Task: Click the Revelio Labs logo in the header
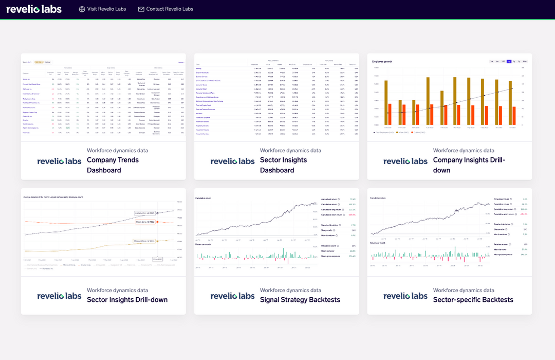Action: click(34, 9)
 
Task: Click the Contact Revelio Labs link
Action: click(170, 9)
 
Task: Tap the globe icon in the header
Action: click(82, 9)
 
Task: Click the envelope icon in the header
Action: click(141, 9)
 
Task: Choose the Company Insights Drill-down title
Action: click(469, 165)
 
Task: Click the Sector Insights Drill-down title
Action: click(127, 300)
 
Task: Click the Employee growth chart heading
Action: click(382, 61)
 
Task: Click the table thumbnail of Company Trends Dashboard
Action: click(103, 98)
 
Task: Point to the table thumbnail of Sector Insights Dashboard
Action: click(276, 98)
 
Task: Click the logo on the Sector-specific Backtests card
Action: click(405, 296)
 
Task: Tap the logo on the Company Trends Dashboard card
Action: click(59, 161)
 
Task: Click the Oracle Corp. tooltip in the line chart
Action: click(145, 222)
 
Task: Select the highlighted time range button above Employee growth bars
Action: click(509, 61)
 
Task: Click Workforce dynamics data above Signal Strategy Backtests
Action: click(290, 290)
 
